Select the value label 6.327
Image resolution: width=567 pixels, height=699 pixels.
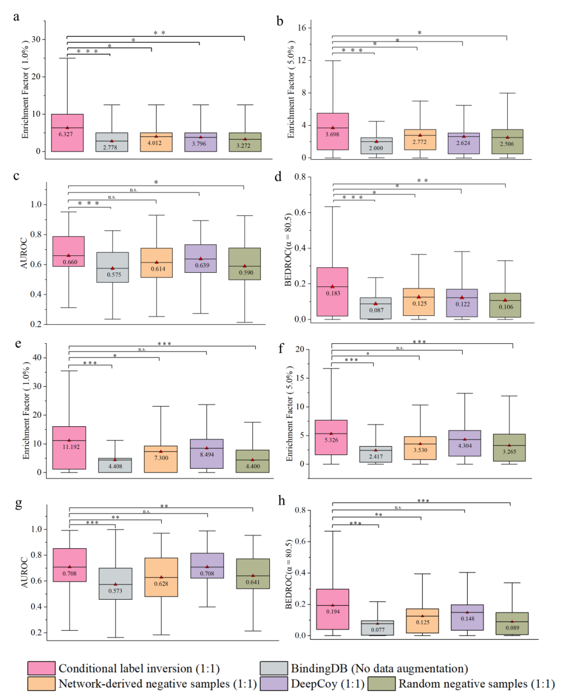(66, 134)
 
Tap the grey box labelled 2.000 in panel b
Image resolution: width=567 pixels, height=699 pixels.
(376, 146)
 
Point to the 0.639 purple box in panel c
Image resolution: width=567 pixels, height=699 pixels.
(201, 259)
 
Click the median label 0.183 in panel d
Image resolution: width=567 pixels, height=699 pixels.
(333, 293)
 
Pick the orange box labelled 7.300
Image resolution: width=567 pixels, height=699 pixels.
(161, 459)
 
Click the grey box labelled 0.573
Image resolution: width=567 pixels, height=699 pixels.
(115, 583)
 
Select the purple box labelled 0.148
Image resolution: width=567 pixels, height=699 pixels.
(467, 618)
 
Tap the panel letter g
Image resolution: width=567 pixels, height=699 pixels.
(18, 503)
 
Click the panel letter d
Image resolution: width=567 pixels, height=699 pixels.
(278, 177)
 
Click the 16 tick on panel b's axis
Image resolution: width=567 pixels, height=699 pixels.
(302, 28)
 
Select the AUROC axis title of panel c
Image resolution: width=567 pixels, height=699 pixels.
(24, 253)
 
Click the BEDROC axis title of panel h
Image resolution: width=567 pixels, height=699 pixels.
(288, 574)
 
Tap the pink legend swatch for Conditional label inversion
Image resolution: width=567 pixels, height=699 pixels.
(41, 668)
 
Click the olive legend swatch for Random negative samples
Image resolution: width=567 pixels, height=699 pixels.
(381, 684)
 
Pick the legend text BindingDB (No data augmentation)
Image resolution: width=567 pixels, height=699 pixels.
(379, 669)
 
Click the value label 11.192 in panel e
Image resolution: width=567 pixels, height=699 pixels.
(71, 447)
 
